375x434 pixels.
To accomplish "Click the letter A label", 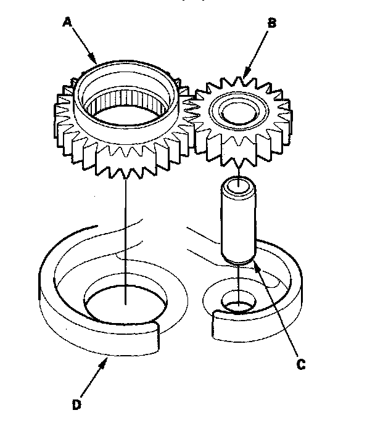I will click(67, 23).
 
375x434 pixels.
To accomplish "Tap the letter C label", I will click(301, 364).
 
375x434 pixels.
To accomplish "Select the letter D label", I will click(76, 404).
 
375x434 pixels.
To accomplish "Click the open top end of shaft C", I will click(238, 184).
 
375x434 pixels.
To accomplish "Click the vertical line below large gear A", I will click(125, 234).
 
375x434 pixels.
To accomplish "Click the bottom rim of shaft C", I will click(238, 261).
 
